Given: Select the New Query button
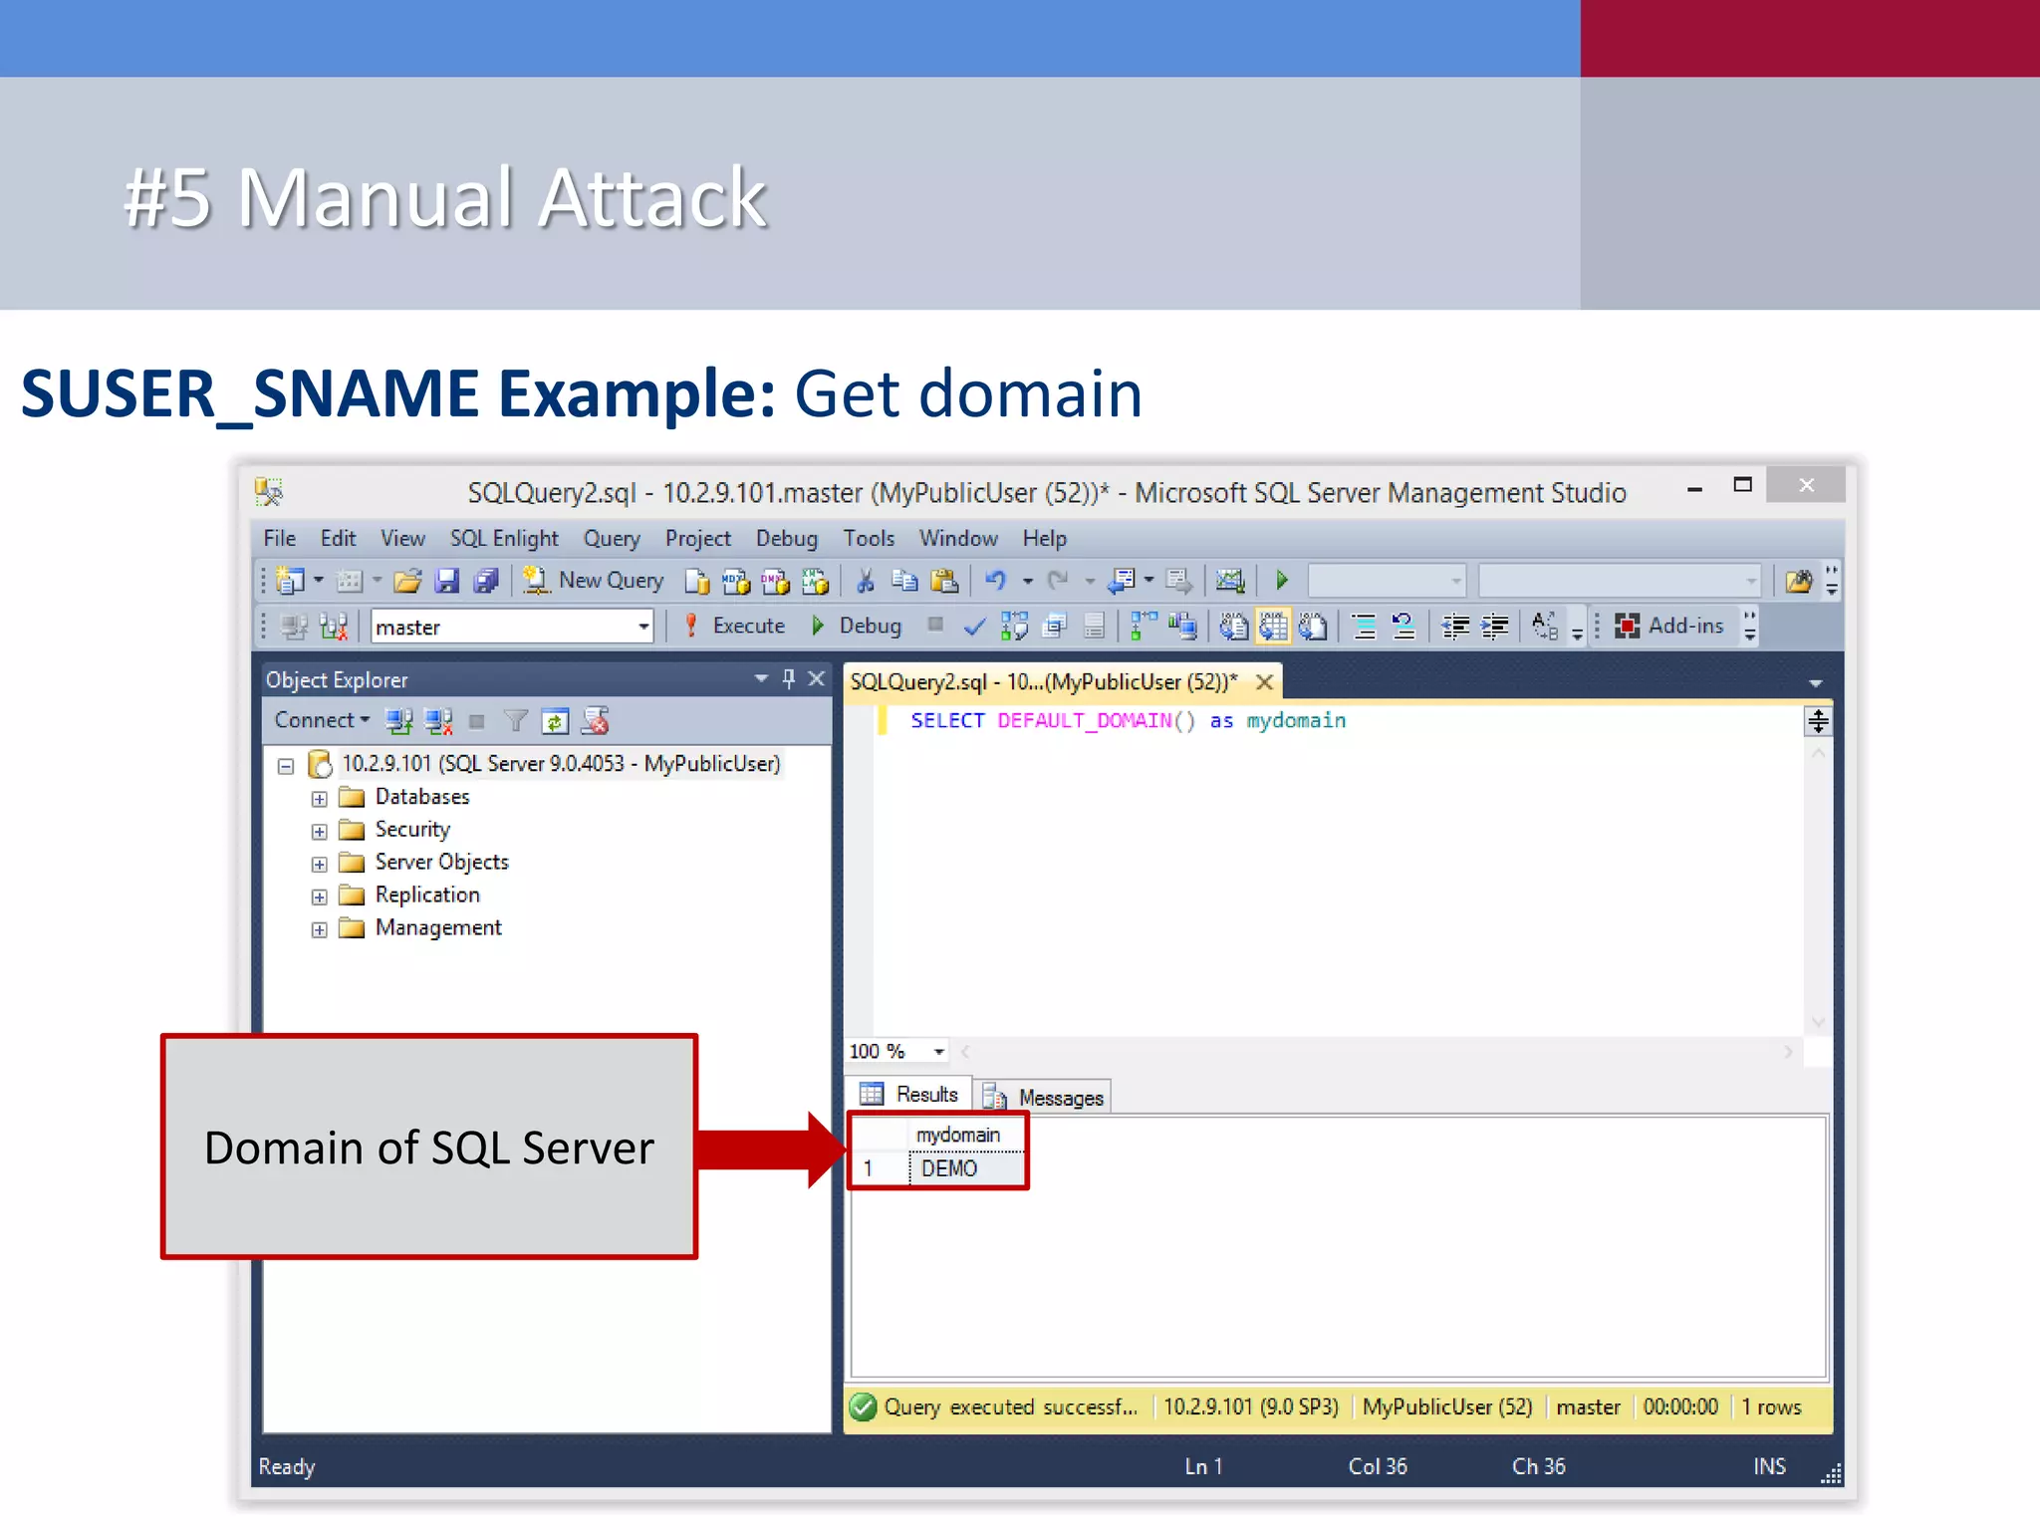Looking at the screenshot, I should point(595,581).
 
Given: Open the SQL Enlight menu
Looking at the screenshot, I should point(504,539).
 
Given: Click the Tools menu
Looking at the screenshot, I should point(869,539).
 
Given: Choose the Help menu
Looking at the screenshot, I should point(1044,539).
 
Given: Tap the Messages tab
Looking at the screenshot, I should point(1045,1098).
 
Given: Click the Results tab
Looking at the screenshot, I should point(910,1095).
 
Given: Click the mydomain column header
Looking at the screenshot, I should point(958,1135).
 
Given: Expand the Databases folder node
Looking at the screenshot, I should point(319,799).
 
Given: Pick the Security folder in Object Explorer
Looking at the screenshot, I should point(411,830).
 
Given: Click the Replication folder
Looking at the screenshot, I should point(426,895).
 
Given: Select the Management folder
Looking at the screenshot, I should point(437,928).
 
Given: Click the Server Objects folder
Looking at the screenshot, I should point(441,863).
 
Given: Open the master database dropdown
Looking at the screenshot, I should point(643,628).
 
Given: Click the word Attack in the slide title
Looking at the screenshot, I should point(652,198).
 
